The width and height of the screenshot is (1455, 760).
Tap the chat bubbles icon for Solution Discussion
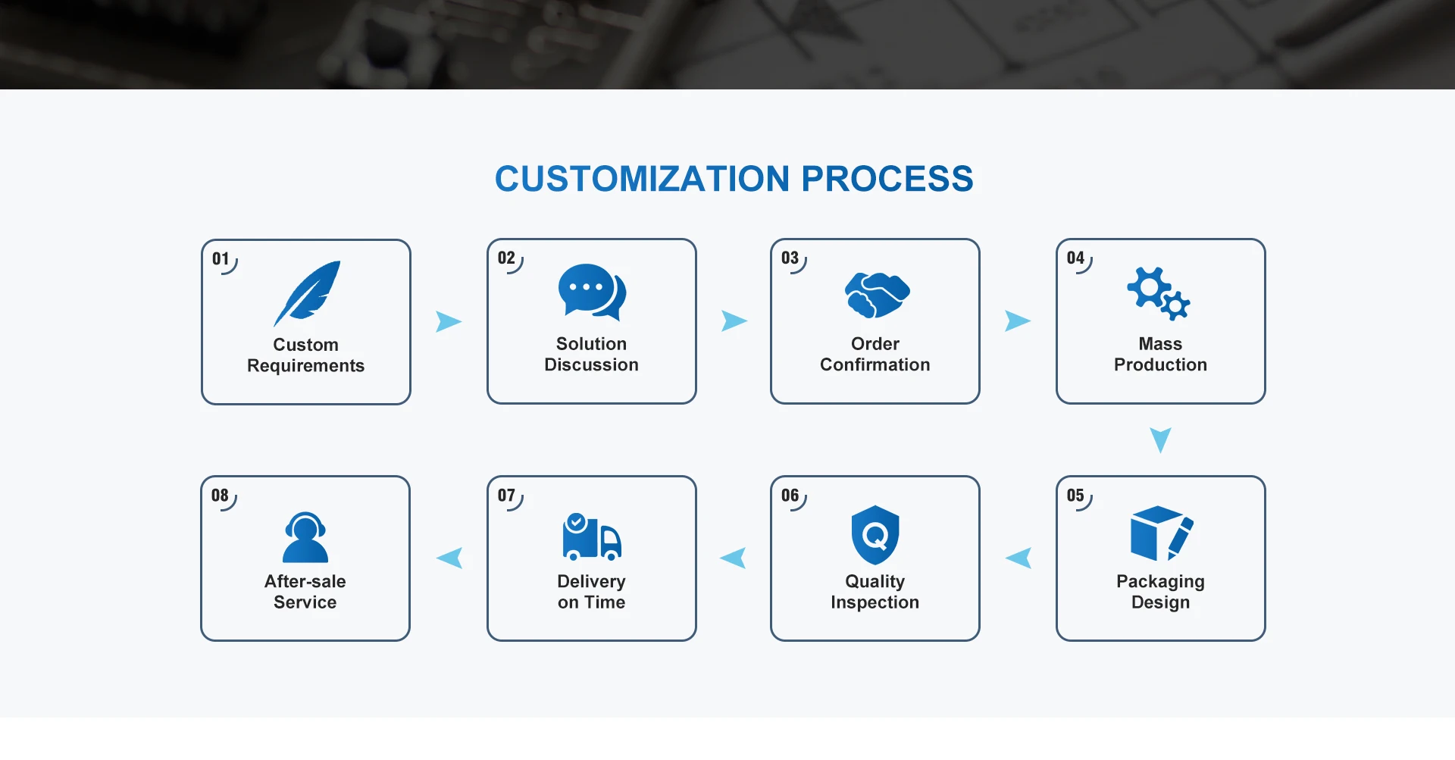(592, 291)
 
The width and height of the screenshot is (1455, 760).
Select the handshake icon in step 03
(877, 294)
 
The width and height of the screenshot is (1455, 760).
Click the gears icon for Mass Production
(1158, 293)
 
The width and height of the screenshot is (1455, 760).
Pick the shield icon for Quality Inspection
(875, 535)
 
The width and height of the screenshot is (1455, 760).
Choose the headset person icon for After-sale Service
(305, 537)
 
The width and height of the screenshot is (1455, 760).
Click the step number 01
(221, 259)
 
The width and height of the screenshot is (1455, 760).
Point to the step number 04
(1075, 258)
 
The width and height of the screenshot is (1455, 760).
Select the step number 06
(790, 496)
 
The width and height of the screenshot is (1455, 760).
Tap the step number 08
(220, 496)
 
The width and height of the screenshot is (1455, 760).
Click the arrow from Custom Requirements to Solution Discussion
(448, 321)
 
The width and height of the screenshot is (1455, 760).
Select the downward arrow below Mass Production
(1160, 439)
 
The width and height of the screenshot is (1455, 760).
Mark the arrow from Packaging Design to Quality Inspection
(1019, 558)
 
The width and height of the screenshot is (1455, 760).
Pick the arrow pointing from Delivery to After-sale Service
(450, 558)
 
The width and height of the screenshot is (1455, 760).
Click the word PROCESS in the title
(887, 179)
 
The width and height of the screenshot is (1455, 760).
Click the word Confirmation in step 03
(875, 365)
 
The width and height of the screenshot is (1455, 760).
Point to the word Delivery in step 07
(591, 581)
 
